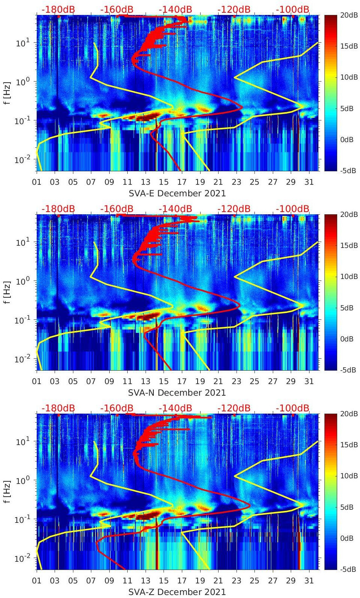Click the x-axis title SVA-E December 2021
tap(177, 193)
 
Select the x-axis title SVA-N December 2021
tap(177, 393)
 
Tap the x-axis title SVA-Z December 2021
tap(177, 592)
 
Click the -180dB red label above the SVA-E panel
tap(58, 9)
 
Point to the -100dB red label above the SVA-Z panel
tap(293, 408)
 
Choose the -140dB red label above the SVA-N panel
tap(175, 209)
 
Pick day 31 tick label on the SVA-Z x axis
tap(309, 580)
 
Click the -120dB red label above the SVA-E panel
tap(234, 9)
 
